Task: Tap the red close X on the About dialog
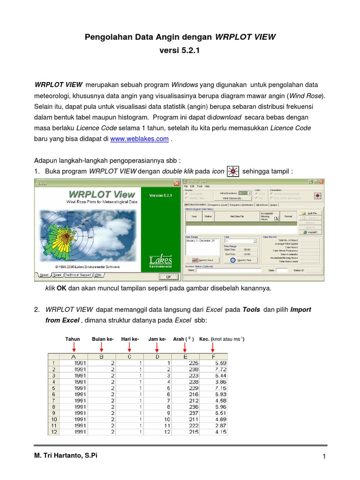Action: click(x=176, y=183)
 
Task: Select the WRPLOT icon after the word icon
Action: click(x=232, y=172)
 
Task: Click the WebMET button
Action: click(x=311, y=232)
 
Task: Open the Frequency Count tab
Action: click(x=218, y=205)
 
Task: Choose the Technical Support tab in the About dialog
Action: click(x=78, y=275)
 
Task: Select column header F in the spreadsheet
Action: click(x=214, y=357)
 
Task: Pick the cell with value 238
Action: click(x=187, y=369)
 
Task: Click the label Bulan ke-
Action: click(x=103, y=339)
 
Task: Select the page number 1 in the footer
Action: click(x=324, y=457)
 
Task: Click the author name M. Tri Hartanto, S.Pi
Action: click(x=67, y=455)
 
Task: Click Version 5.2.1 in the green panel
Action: click(x=161, y=195)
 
